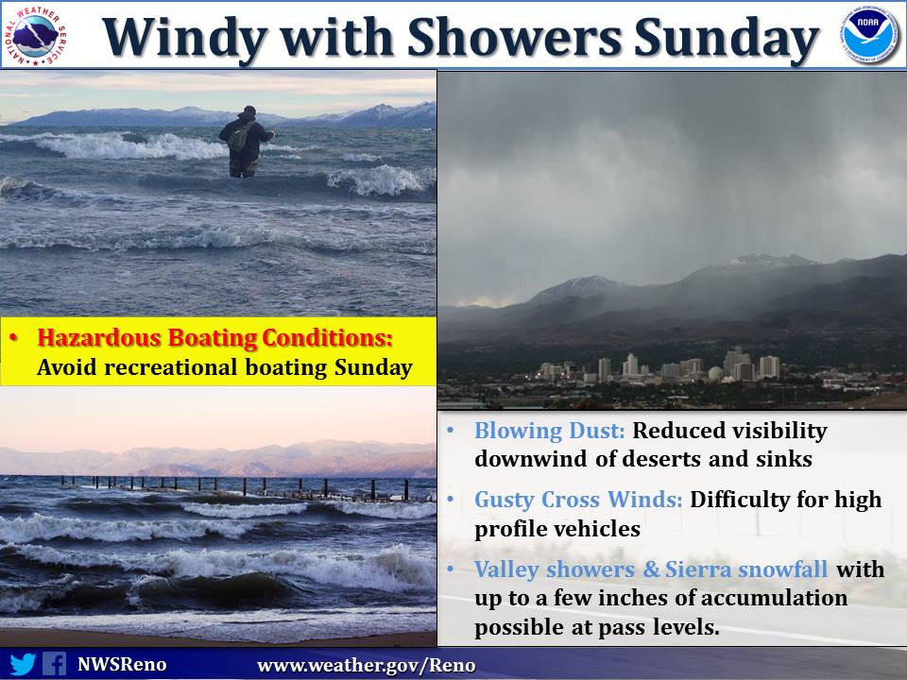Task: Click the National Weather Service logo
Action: point(35,35)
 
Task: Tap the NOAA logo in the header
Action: point(869,35)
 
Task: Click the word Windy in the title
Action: point(184,38)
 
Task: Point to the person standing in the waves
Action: point(246,142)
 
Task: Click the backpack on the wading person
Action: point(238,136)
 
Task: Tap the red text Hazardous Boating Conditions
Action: point(214,338)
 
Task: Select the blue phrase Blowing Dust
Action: point(549,431)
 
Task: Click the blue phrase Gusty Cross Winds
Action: point(578,500)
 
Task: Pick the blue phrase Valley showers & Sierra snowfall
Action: point(651,569)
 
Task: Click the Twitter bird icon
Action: point(23,664)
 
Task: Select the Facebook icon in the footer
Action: point(55,664)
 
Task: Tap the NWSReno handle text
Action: point(122,664)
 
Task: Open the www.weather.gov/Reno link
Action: point(366,666)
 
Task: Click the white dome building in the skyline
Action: point(715,374)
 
